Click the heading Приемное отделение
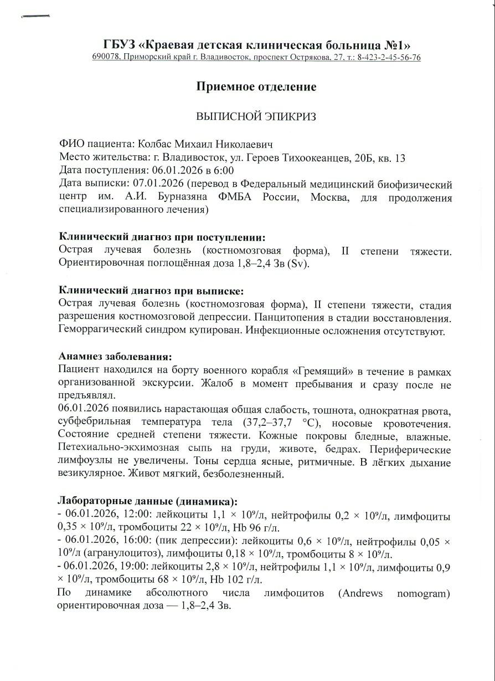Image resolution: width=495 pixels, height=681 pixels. point(256,87)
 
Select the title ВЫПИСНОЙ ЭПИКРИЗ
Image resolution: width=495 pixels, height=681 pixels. point(256,116)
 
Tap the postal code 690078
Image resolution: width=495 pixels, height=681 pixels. point(106,58)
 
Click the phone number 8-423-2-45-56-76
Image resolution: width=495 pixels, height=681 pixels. point(389,58)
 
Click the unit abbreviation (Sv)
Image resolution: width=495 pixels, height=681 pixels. point(297,264)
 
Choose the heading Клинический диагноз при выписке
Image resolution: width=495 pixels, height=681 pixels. point(151,291)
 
